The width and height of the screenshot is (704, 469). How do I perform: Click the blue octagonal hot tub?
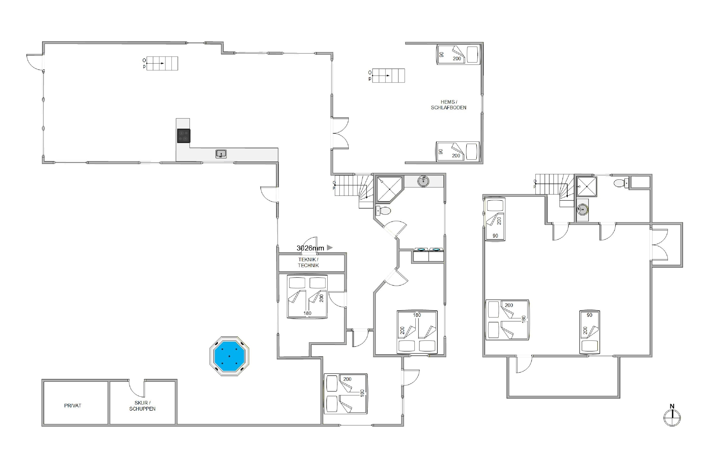click(229, 356)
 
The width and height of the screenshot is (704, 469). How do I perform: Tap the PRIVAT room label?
click(73, 406)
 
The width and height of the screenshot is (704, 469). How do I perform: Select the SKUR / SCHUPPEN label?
click(142, 406)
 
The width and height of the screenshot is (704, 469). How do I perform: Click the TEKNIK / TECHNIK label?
click(308, 262)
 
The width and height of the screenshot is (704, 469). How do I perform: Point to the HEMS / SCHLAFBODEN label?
click(449, 105)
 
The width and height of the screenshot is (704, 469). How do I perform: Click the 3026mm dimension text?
click(310, 248)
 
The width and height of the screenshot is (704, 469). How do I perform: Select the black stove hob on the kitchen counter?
click(184, 136)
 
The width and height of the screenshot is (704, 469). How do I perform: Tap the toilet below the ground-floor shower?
click(383, 211)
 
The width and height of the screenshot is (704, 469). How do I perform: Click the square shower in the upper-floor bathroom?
click(587, 186)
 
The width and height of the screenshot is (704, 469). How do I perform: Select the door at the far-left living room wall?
click(35, 62)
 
